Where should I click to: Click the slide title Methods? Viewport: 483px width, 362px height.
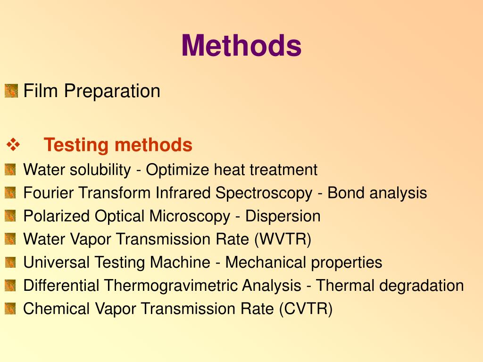241,46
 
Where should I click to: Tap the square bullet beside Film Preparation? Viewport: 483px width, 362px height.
11,90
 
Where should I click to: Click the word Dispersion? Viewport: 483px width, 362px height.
283,216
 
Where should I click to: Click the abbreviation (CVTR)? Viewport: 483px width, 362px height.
305,309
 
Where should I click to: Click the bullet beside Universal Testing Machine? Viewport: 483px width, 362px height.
10,263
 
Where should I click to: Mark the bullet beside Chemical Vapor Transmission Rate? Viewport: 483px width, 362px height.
10,309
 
